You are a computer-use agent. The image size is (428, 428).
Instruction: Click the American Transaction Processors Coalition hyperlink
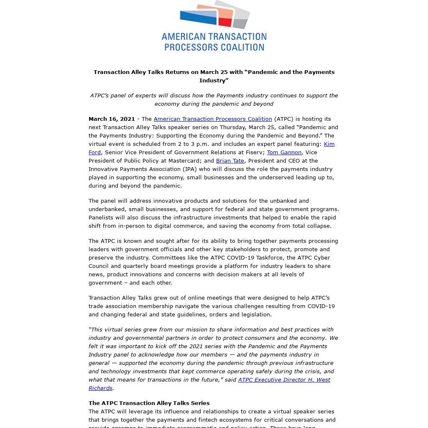[x=213, y=119]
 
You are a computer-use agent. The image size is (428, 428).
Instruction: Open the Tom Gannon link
[x=284, y=152]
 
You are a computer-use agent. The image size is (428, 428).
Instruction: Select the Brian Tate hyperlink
[x=230, y=160]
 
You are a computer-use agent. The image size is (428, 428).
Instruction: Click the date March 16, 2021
[x=112, y=119]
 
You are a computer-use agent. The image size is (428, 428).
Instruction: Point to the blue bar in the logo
[x=199, y=17]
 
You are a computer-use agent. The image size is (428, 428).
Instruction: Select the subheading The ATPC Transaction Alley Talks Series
[x=149, y=403]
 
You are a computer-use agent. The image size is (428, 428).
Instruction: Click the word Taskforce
[x=268, y=257]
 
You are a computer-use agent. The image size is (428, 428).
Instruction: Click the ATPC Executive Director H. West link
[x=284, y=380]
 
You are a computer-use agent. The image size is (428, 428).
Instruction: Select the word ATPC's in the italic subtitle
[x=99, y=95]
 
